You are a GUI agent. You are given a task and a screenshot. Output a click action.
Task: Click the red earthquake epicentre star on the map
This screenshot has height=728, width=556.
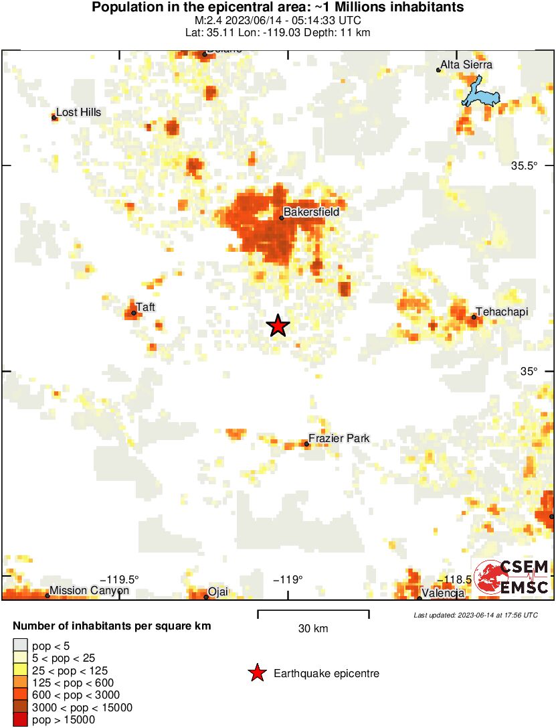tap(278, 326)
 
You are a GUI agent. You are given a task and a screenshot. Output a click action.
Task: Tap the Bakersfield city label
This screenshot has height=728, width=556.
tap(311, 212)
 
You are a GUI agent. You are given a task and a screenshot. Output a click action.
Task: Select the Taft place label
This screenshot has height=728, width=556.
tap(146, 307)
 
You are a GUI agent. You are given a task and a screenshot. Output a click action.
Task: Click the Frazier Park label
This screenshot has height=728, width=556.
tap(339, 439)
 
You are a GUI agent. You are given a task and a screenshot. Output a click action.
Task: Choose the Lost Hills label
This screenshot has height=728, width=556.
tap(78, 113)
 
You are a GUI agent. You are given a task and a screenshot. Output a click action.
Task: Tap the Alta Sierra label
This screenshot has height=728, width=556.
tap(467, 65)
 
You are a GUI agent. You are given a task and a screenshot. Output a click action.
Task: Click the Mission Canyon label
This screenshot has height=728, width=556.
tap(80, 591)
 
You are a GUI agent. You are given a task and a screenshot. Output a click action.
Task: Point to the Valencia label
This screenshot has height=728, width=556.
tap(443, 593)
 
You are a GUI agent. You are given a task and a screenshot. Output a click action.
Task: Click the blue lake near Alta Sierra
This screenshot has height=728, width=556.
tap(480, 94)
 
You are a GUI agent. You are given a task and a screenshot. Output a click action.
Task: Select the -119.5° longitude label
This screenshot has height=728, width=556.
tap(120, 579)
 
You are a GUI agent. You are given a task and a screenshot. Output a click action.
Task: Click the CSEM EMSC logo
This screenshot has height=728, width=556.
tap(512, 577)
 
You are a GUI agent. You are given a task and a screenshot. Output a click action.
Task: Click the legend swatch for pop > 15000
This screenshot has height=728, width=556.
tap(21, 720)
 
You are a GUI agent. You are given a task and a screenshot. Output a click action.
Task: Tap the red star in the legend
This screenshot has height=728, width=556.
tap(256, 674)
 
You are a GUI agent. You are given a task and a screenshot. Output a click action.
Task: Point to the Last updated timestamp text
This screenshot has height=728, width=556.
tap(475, 615)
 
